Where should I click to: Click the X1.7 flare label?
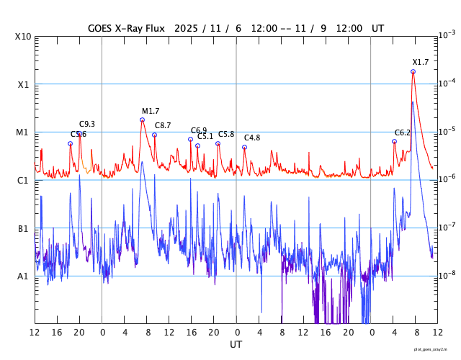pos(421,62)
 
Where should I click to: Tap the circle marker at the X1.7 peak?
pos(413,71)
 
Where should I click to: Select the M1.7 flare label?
pos(151,111)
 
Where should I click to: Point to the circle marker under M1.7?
pos(143,120)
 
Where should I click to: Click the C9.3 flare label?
pos(87,124)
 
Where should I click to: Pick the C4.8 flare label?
pos(252,138)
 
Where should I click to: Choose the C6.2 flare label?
pos(403,132)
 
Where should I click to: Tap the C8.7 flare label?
pos(163,125)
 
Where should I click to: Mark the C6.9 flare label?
pos(199,130)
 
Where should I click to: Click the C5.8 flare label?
pos(226,134)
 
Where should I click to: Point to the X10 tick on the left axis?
pos(23,37)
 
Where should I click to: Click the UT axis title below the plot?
pos(236,345)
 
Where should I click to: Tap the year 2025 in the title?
pos(185,28)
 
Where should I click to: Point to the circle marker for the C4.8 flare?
pos(244,147)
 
